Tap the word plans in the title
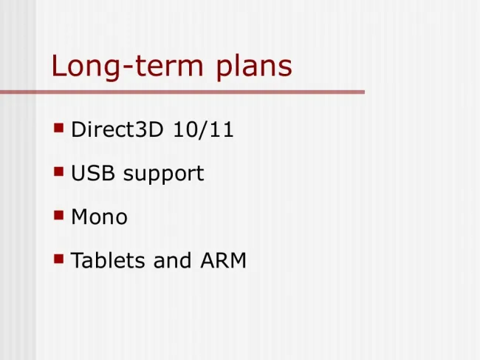254,67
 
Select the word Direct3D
117,129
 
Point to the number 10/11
203,129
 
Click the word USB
93,173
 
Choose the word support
163,174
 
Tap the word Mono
99,217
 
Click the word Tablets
108,260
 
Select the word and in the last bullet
172,260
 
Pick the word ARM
224,261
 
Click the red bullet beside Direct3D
59,128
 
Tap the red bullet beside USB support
59,171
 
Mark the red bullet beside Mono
59,215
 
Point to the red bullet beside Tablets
59,259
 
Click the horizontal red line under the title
182,92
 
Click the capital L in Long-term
58,66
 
